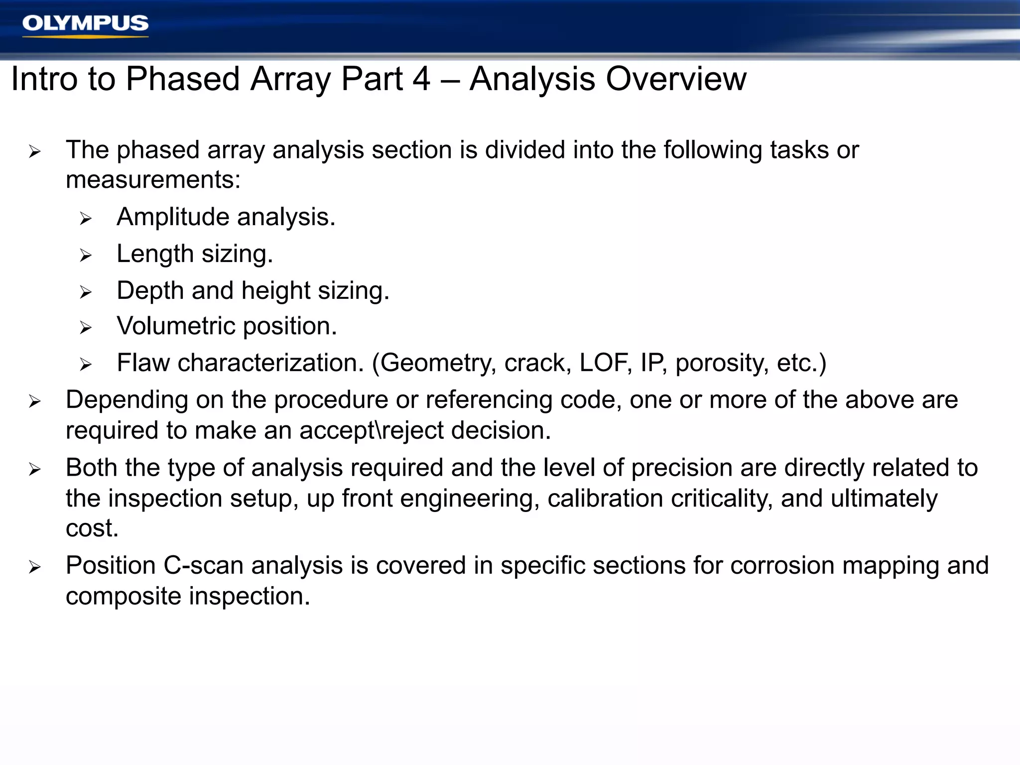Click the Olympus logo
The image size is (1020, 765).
click(85, 24)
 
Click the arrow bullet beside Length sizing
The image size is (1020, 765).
click(86, 255)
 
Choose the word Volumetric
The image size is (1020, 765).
click(176, 326)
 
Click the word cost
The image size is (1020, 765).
click(92, 528)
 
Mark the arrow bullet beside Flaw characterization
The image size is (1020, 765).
click(86, 365)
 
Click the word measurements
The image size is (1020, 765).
click(153, 180)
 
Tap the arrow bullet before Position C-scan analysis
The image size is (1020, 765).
click(34, 567)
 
